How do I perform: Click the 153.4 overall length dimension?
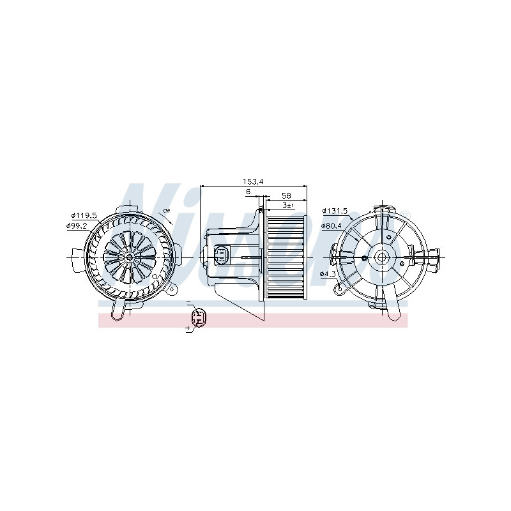[x=252, y=181]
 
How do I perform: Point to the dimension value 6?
[x=247, y=192]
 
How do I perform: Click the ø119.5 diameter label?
[x=83, y=215]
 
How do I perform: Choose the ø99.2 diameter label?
[x=78, y=225]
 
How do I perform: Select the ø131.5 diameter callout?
[x=334, y=210]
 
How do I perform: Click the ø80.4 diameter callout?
[x=332, y=225]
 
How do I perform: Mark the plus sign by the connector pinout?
[x=188, y=328]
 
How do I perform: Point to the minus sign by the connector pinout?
[x=189, y=301]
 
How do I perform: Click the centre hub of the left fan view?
[x=130, y=257]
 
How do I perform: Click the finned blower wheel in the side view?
[x=285, y=257]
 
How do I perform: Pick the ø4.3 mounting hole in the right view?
[x=363, y=258]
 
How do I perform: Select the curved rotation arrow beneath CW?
[x=167, y=221]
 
